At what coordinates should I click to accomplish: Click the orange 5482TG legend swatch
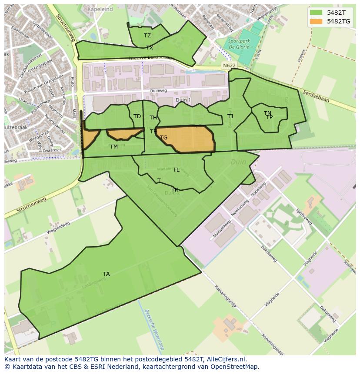coord(316,21)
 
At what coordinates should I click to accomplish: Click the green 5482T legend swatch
coord(316,13)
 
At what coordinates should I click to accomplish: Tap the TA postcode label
coord(106,274)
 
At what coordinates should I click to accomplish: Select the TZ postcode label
coord(147,36)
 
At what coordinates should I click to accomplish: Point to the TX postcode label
coord(150,48)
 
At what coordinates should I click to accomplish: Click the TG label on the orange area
coord(163,138)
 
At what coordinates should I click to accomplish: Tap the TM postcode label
coord(114,147)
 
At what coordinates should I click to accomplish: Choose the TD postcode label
coord(137,116)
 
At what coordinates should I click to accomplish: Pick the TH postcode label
coord(153,118)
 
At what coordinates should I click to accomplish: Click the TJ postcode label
coord(230,116)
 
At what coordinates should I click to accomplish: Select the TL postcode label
coord(176,170)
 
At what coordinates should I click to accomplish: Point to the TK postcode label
coord(175,190)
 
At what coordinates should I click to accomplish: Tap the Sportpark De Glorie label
coord(239,44)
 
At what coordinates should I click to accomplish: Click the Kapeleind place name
coord(100,9)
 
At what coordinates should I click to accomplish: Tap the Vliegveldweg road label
coord(58,229)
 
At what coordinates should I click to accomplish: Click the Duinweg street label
coord(158,91)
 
